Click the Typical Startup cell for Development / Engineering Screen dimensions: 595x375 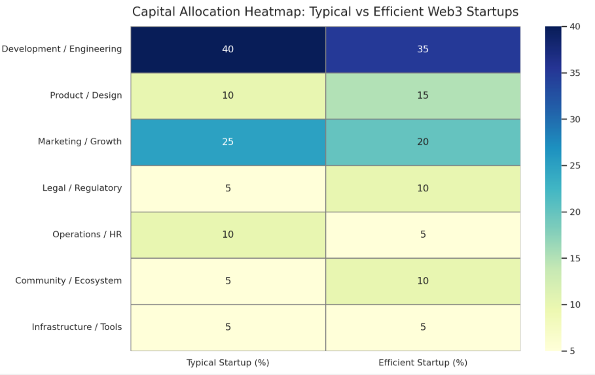pyautogui.click(x=228, y=50)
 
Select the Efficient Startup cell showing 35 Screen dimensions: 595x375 pyautogui.click(x=423, y=50)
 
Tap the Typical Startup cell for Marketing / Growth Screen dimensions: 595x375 pyautogui.click(x=228, y=142)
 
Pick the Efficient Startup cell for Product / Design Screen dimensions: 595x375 pyautogui.click(x=423, y=96)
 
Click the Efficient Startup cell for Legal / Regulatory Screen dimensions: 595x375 pyautogui.click(x=423, y=189)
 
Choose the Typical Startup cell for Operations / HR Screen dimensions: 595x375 pyautogui.click(x=228, y=235)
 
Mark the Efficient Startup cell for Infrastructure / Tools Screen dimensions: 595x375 pyautogui.click(x=423, y=328)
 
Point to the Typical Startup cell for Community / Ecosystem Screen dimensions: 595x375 pyautogui.click(x=228, y=282)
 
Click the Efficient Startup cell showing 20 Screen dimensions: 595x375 pyautogui.click(x=423, y=142)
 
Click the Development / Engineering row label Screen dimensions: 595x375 pyautogui.click(x=62, y=49)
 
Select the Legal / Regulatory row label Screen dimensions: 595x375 pyautogui.click(x=82, y=188)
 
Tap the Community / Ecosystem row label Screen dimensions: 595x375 pyautogui.click(x=68, y=281)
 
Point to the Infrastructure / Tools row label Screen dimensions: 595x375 pyautogui.click(x=77, y=327)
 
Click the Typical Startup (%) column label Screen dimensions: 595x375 pyautogui.click(x=228, y=363)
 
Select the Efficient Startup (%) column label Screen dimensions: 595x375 pyautogui.click(x=423, y=363)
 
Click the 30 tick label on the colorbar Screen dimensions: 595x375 pyautogui.click(x=575, y=120)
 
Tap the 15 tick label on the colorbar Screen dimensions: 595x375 pyautogui.click(x=575, y=258)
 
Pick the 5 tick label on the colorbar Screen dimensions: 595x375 pyautogui.click(x=572, y=351)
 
